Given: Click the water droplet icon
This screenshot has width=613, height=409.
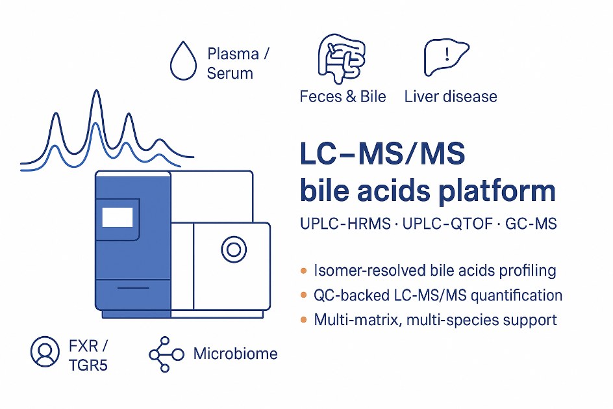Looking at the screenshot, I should (x=182, y=62).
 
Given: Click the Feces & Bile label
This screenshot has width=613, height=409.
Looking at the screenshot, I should (x=343, y=97).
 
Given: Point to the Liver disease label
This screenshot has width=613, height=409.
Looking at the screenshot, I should (x=451, y=97).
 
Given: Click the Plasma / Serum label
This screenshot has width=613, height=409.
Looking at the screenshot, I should (x=238, y=63).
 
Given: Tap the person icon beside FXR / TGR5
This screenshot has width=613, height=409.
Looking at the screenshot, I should (x=45, y=351).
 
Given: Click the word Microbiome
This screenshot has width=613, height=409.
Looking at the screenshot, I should (x=236, y=354).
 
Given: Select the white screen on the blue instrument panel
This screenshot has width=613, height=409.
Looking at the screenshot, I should (x=118, y=217).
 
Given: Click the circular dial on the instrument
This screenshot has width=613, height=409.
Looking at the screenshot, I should (x=232, y=248).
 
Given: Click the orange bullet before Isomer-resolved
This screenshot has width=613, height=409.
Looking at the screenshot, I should (x=303, y=270).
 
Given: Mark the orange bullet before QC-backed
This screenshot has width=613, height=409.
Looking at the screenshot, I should (x=303, y=295).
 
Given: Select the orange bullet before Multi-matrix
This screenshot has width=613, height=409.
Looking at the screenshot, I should (x=303, y=320).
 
